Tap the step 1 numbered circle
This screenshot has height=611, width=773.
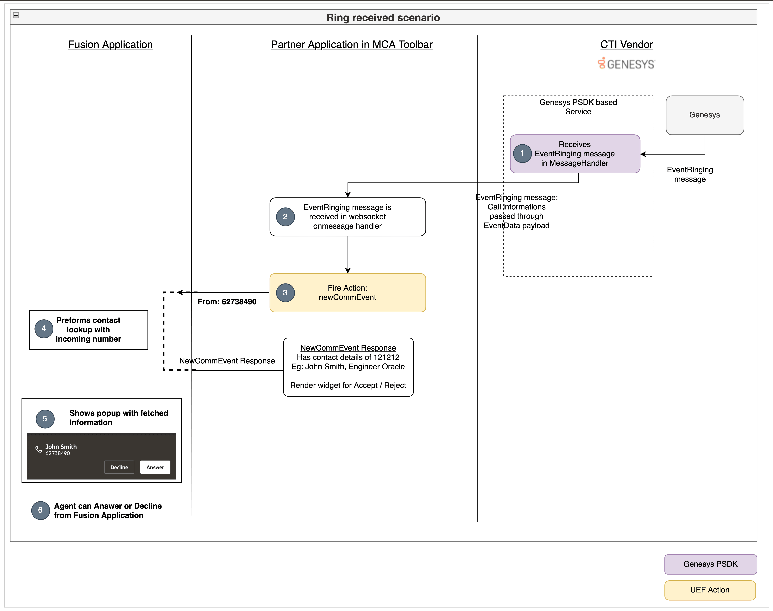click(x=522, y=153)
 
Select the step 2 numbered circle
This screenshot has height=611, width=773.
click(x=285, y=217)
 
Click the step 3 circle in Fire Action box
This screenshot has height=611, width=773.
click(x=285, y=293)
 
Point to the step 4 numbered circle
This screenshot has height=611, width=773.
click(x=44, y=329)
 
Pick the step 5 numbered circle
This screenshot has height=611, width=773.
click(x=45, y=419)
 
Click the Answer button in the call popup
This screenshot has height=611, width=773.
click(x=155, y=467)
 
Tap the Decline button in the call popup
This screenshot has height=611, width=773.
click(x=119, y=467)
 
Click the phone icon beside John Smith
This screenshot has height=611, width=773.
click(x=38, y=449)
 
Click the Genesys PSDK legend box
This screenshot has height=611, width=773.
click(x=710, y=564)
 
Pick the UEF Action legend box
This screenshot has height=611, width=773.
click(x=710, y=590)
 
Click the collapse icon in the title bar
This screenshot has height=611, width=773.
click(x=16, y=15)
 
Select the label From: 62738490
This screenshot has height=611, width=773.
click(x=227, y=302)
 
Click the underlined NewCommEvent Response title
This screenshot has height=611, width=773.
click(x=348, y=348)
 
